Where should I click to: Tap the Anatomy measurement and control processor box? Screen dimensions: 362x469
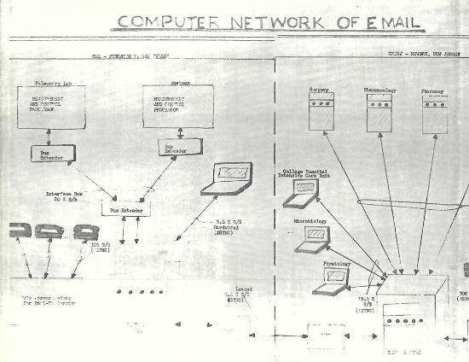pos(178,107)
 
